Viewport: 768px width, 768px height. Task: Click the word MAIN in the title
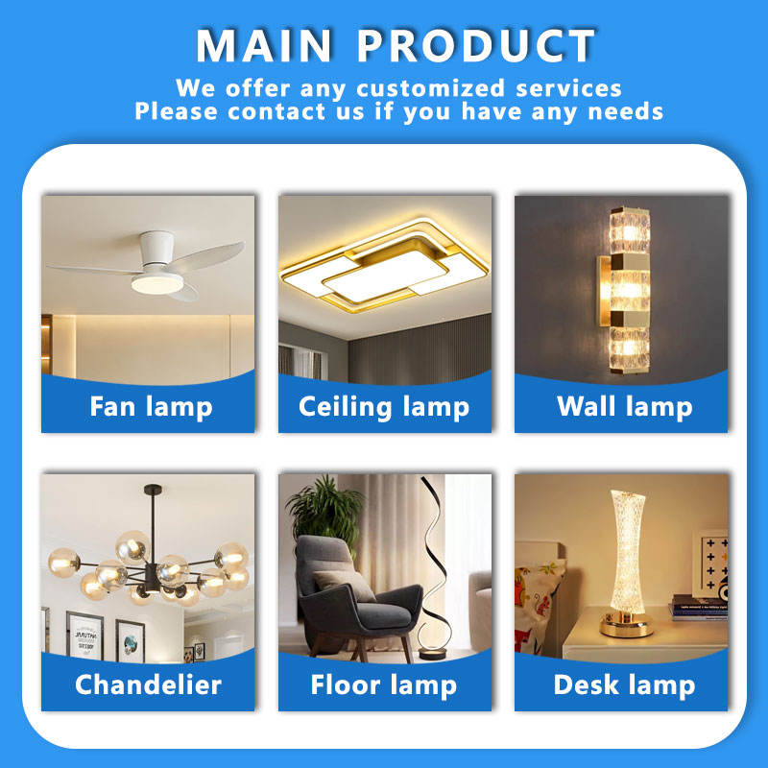click(x=265, y=45)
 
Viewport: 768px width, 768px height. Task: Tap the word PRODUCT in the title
click(x=476, y=45)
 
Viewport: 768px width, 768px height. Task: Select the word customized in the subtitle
click(x=430, y=88)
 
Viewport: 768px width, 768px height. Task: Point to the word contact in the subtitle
click(x=276, y=111)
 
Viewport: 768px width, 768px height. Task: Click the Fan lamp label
click(x=151, y=407)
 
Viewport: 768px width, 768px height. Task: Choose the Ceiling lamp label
click(x=384, y=407)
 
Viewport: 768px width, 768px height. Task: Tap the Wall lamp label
click(x=625, y=407)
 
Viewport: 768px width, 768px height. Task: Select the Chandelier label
click(x=149, y=684)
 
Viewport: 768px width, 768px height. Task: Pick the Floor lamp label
click(x=384, y=685)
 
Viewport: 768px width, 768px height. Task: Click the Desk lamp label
click(x=625, y=685)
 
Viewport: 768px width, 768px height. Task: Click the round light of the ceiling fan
click(x=156, y=284)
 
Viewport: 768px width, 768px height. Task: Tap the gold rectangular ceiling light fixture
click(x=384, y=266)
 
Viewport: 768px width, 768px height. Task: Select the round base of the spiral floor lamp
click(x=433, y=653)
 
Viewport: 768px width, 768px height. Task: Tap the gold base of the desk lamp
click(x=627, y=625)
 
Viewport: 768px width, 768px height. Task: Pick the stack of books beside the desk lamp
click(x=699, y=608)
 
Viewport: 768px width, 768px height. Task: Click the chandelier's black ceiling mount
click(x=153, y=489)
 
